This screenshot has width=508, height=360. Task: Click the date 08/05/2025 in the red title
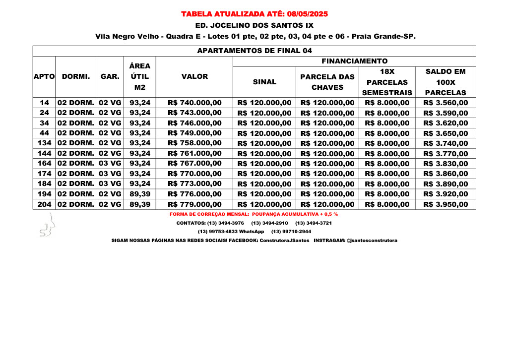307,14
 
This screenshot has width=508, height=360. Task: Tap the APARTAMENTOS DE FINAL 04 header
254,51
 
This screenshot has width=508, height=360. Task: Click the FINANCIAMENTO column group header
354,61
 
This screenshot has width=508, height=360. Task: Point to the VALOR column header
194,76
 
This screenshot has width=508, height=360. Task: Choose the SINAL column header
264,82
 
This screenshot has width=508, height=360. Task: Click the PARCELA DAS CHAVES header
327,82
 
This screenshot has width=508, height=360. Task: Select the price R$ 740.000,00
194,103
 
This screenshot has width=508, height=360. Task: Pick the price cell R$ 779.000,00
194,204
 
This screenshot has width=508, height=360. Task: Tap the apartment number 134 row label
44,143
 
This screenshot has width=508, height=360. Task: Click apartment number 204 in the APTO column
44,204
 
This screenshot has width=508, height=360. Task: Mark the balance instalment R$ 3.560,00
445,103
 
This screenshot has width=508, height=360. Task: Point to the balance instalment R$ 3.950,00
445,204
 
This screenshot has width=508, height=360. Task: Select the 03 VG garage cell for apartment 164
110,164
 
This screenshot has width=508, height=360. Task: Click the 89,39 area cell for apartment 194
140,194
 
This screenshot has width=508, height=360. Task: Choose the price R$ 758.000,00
194,143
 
